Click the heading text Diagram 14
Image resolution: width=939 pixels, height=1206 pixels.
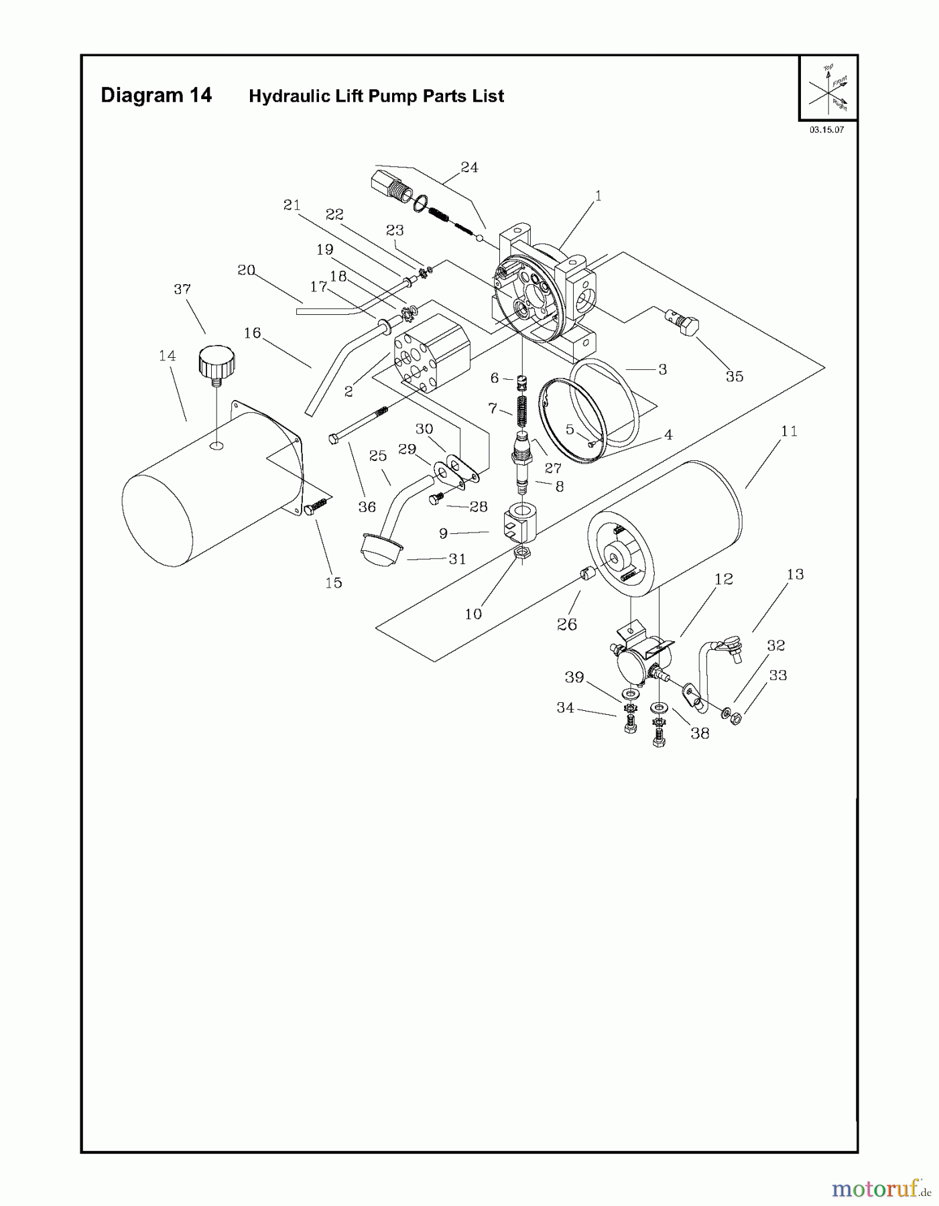[x=156, y=96]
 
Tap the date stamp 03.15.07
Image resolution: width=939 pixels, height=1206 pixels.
[x=826, y=130]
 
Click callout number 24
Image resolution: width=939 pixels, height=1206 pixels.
[x=469, y=167]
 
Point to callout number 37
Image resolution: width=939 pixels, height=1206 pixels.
[x=182, y=289]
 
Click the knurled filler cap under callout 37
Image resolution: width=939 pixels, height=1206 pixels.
[x=216, y=366]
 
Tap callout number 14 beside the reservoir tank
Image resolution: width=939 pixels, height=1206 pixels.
[x=168, y=356]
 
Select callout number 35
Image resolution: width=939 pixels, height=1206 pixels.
[x=735, y=377]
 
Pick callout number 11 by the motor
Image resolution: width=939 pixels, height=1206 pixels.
[x=790, y=431]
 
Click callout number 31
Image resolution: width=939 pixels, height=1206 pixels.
[x=457, y=559]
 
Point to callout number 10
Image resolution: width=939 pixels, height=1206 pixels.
[x=473, y=614]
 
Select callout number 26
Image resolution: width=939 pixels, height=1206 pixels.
[x=567, y=624]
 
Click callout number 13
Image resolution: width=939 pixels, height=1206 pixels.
[x=795, y=574]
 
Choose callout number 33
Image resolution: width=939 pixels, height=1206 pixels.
[x=777, y=675]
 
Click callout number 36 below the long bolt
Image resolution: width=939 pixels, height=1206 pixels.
[x=367, y=507]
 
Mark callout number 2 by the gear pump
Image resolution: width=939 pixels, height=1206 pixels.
[x=349, y=392]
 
